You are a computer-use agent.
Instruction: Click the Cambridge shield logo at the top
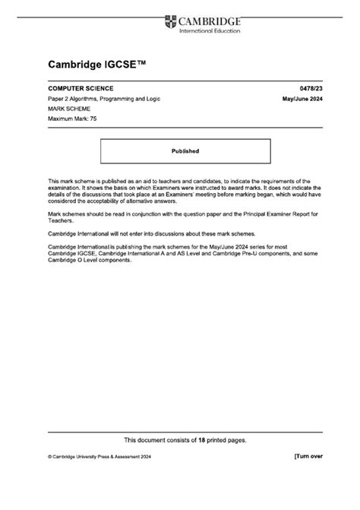[x=169, y=22]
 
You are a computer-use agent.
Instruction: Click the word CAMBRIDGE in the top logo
[x=209, y=21]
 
